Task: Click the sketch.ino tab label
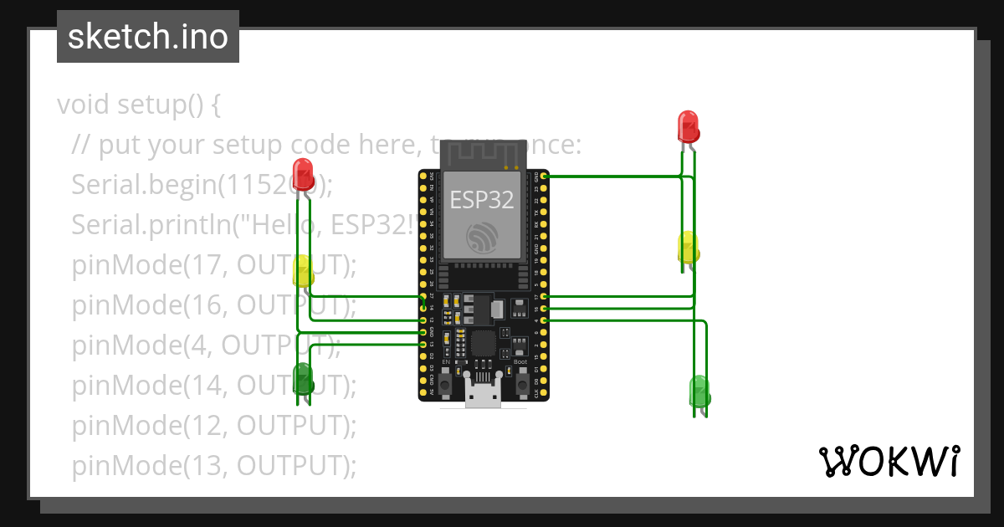pyautogui.click(x=147, y=37)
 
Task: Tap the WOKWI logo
pyautogui.click(x=889, y=462)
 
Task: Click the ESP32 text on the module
pyautogui.click(x=481, y=199)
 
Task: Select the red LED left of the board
pyautogui.click(x=303, y=171)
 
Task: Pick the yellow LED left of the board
pyautogui.click(x=303, y=272)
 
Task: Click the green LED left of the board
pyautogui.click(x=303, y=378)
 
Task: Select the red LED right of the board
pyautogui.click(x=688, y=127)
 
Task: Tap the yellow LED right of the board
pyautogui.click(x=688, y=248)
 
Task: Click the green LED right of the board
pyautogui.click(x=699, y=391)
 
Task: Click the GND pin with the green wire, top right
pyautogui.click(x=545, y=176)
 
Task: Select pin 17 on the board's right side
pyautogui.click(x=545, y=297)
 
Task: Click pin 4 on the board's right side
pyautogui.click(x=545, y=320)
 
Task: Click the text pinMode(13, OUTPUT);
pyautogui.click(x=213, y=465)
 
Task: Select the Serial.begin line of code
pyautogui.click(x=201, y=185)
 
